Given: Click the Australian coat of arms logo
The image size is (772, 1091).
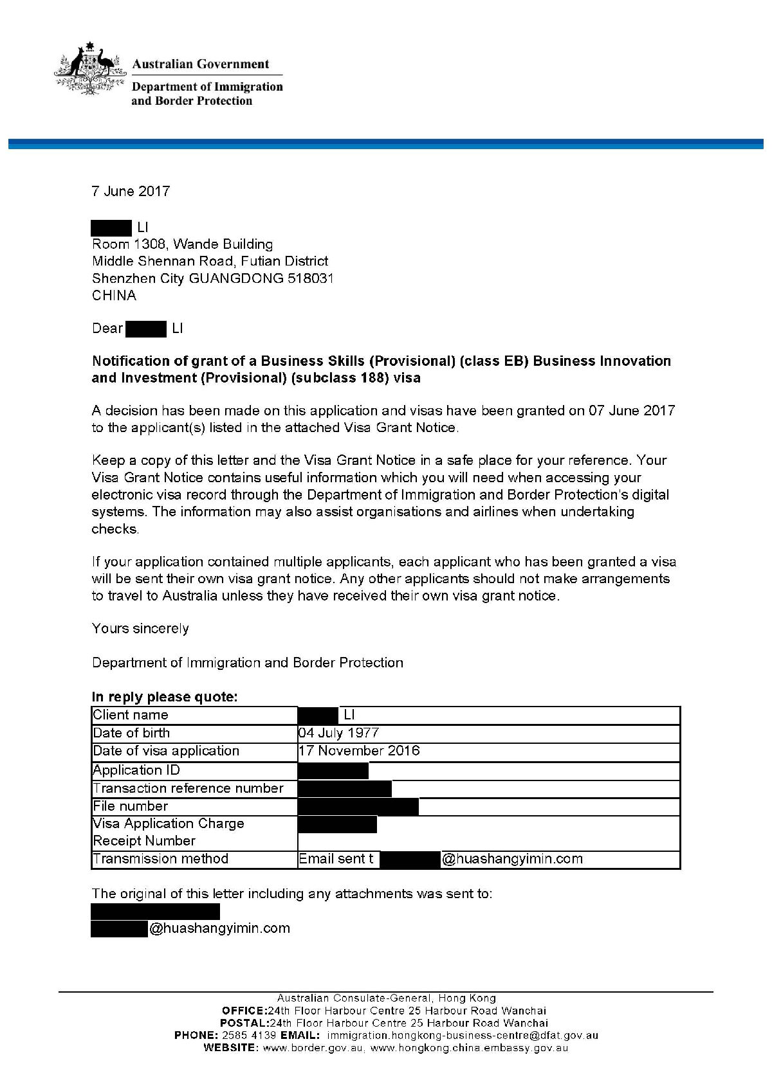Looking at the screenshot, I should (89, 69).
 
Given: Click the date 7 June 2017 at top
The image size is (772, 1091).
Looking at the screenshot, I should (131, 191).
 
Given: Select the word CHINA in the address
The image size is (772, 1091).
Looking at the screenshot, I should (114, 296).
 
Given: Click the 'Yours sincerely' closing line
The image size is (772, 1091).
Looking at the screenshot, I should (140, 629).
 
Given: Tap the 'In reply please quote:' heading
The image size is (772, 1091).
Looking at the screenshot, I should (165, 697).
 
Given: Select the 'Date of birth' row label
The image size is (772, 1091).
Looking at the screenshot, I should (131, 733).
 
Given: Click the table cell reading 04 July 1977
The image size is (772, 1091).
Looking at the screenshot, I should (338, 733).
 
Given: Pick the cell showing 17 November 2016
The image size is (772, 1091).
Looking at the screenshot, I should (359, 750).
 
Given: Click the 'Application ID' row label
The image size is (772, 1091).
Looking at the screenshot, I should (136, 770).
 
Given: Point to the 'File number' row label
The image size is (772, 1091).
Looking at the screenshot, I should (131, 806).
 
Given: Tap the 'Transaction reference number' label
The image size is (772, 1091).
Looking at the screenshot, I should (188, 788).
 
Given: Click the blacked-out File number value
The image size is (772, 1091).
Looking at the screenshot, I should (358, 806).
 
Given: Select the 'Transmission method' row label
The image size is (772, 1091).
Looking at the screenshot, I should (161, 859).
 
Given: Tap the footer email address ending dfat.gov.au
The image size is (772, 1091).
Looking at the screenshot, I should (463, 1036).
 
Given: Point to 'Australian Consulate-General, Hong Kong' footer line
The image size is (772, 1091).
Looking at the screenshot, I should (386, 998).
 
